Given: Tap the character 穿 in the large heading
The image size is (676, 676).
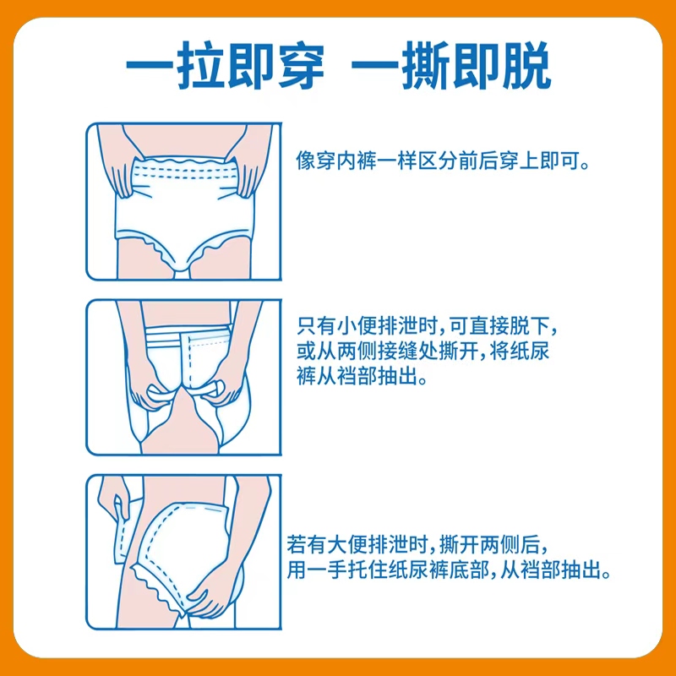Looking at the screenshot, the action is [x=301, y=66].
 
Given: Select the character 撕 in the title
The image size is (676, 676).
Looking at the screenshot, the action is [x=427, y=66].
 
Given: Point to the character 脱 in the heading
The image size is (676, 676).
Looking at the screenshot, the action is [x=526, y=66].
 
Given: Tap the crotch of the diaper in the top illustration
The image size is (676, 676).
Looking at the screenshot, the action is [x=182, y=271].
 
